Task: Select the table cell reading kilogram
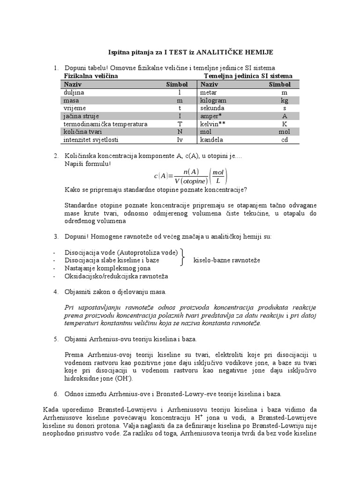click(x=213, y=100)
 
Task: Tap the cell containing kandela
click(x=212, y=139)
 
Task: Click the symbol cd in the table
click(x=284, y=139)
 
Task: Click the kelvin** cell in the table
click(x=214, y=124)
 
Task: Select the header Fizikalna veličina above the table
click(x=90, y=75)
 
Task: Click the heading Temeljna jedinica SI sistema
click(x=248, y=75)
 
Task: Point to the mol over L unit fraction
click(x=218, y=176)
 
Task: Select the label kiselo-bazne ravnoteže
click(x=226, y=260)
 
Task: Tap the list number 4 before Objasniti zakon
click(x=56, y=292)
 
